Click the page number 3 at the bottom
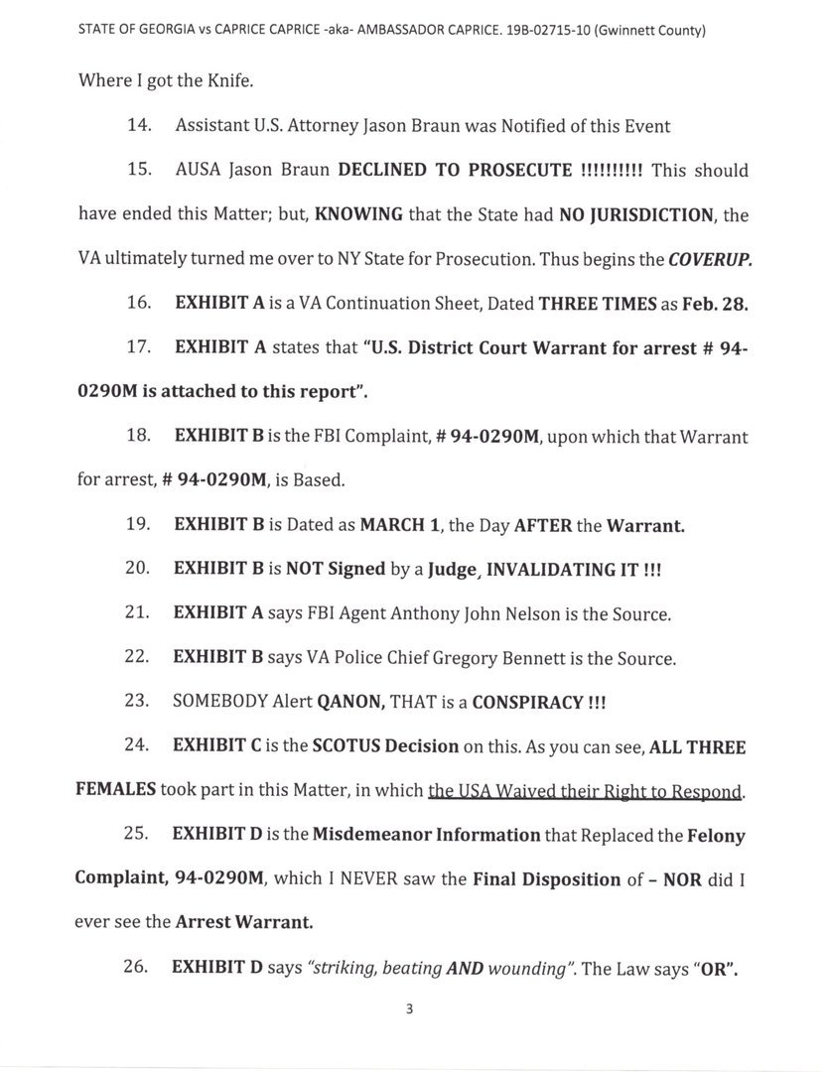tap(408, 1010)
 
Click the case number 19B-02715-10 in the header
tap(558, 31)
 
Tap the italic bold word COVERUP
tap(710, 259)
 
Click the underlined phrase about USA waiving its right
tap(586, 791)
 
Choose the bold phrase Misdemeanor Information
tap(426, 836)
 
